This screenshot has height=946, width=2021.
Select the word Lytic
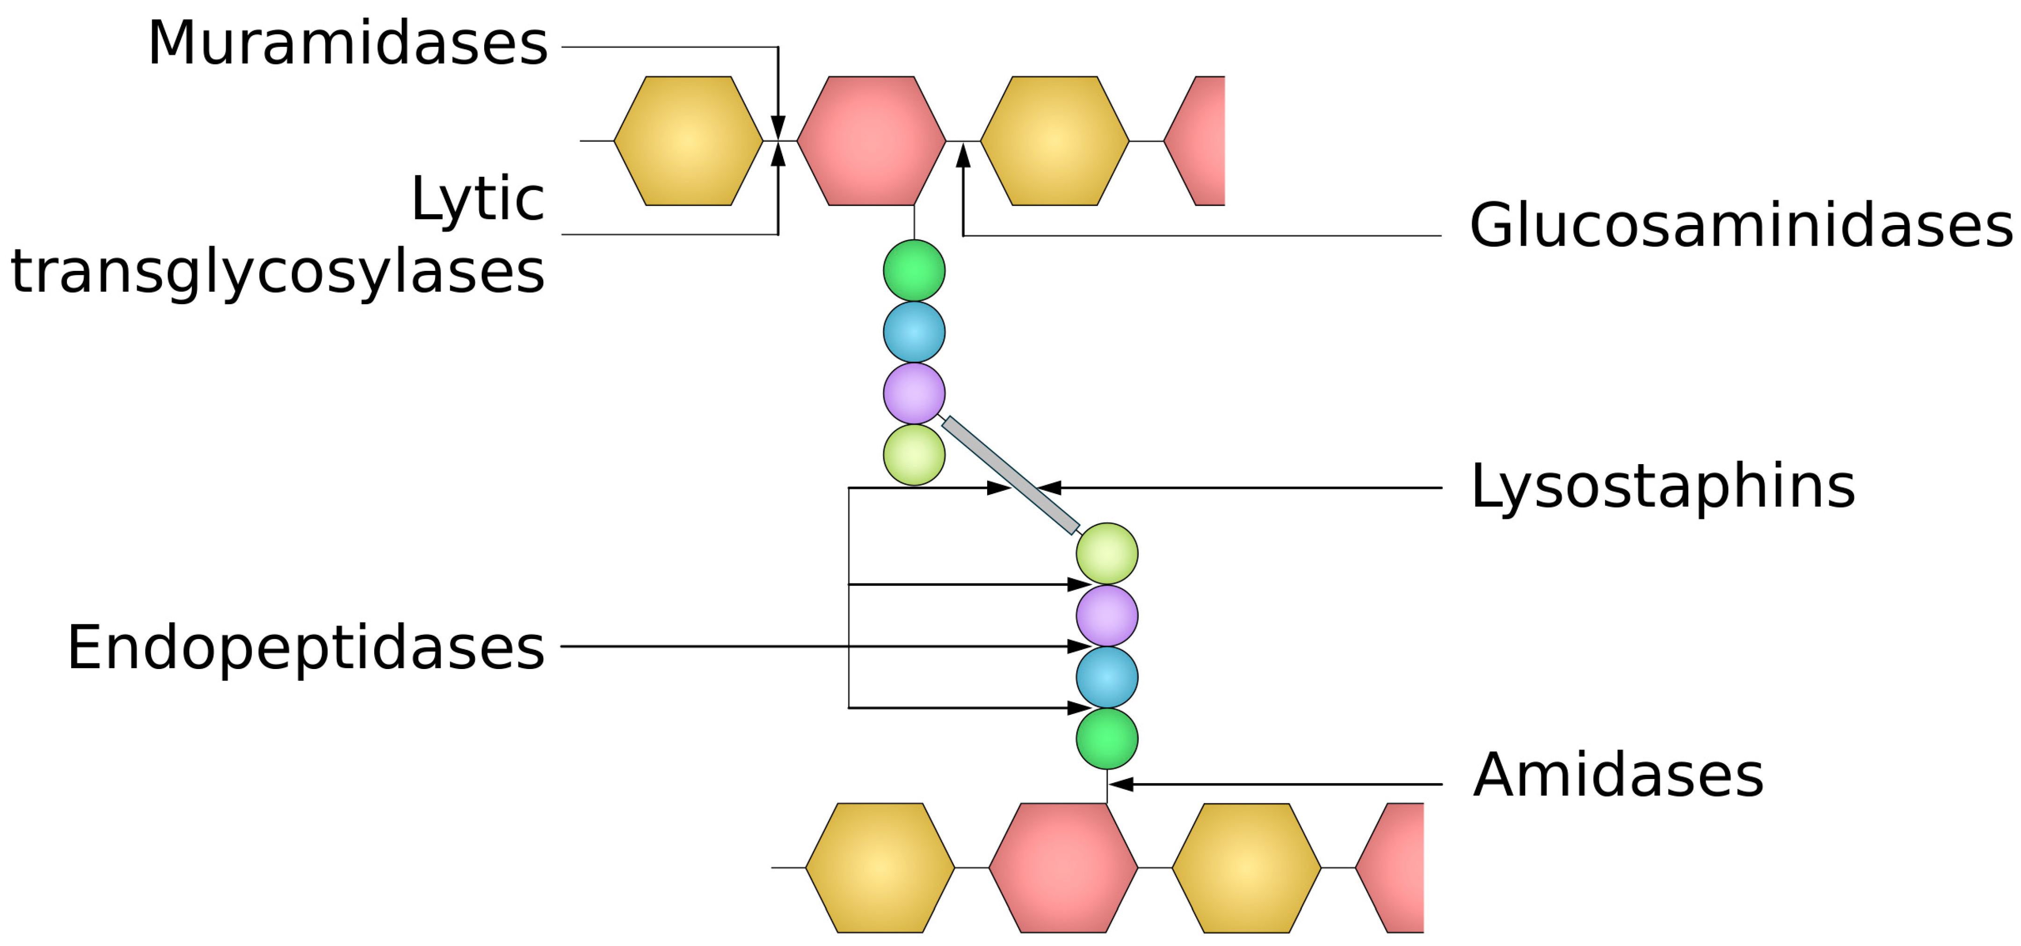tap(477, 199)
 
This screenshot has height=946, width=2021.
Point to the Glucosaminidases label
tap(1740, 226)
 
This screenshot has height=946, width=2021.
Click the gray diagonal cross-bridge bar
tap(1010, 475)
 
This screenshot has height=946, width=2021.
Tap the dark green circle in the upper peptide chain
tap(914, 270)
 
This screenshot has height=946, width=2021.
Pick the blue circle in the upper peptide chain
tap(914, 332)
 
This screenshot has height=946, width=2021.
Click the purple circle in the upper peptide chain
tap(914, 393)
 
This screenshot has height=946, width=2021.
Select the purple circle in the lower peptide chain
tap(1107, 616)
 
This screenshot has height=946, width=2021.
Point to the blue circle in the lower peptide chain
tap(1107, 677)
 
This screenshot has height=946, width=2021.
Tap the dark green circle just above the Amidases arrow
tap(1107, 739)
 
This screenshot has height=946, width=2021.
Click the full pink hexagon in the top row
tap(871, 141)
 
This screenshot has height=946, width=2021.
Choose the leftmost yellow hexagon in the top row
tap(688, 141)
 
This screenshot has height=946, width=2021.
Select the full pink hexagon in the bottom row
tap(1063, 867)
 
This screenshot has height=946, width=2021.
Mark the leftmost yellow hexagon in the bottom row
tap(880, 867)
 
